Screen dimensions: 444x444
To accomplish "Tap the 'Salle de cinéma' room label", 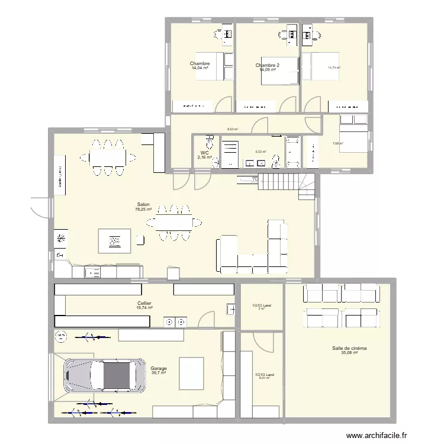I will click(x=349, y=349).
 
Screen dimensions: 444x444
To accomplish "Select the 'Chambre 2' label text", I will click(x=267, y=66).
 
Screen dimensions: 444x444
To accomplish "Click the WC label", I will click(x=205, y=153).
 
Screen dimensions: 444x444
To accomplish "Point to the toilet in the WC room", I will click(x=209, y=143).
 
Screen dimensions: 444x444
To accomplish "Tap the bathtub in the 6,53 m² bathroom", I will click(x=292, y=152).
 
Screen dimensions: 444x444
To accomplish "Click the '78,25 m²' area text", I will click(x=143, y=209).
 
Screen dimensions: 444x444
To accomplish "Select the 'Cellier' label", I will click(x=144, y=303).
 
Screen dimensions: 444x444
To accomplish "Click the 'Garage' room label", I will click(x=158, y=368).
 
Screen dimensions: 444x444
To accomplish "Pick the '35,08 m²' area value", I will click(x=349, y=353).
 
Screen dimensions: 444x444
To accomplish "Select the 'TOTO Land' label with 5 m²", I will click(x=261, y=306).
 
